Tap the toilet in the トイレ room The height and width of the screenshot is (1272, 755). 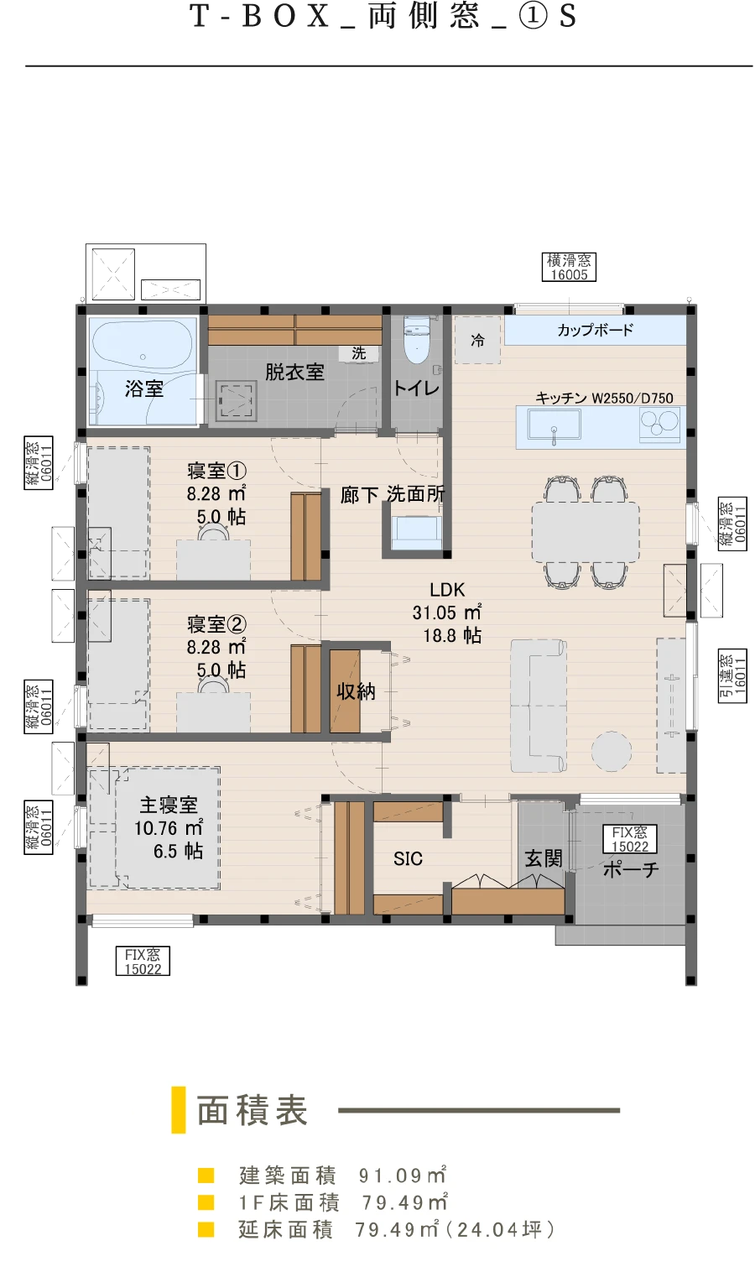417,340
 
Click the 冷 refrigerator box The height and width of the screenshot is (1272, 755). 477,340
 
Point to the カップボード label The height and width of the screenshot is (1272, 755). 594,330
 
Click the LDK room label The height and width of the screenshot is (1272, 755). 447,590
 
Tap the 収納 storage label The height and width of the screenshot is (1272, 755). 356,691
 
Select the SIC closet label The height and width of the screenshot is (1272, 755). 408,858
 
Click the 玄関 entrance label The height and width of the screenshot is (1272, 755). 544,858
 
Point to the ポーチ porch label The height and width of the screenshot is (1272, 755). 631,868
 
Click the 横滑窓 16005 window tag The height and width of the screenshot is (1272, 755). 569,268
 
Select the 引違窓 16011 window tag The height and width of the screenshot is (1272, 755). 732,675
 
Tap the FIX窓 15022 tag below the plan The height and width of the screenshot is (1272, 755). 143,962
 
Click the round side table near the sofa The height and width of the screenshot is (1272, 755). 612,751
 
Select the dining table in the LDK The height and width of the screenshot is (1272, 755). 586,532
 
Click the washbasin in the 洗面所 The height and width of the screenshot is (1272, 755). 417,533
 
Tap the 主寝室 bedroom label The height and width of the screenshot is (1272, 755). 169,805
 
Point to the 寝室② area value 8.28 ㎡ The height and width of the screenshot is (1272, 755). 216,648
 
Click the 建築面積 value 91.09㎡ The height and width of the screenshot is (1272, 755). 403,1176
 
